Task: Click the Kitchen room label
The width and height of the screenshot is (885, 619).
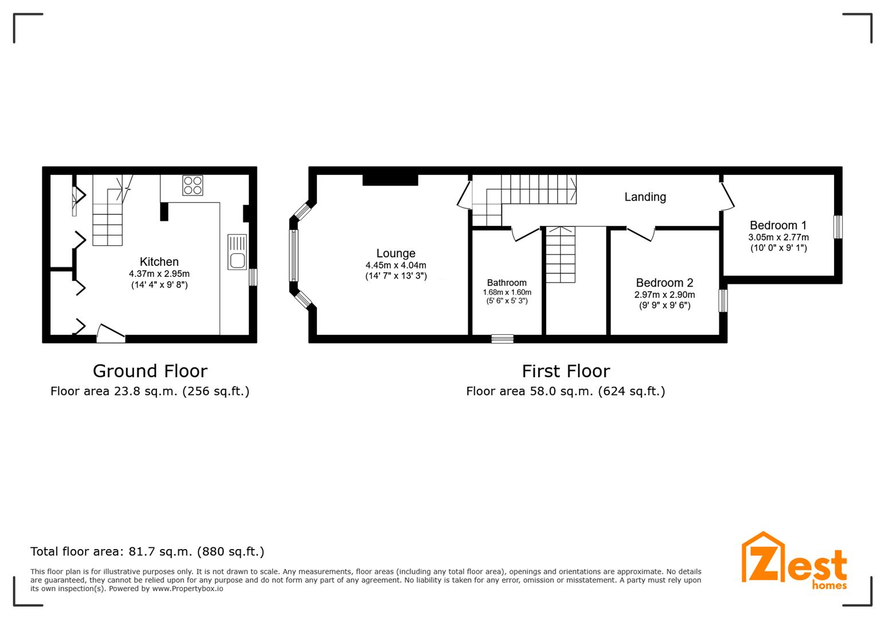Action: (x=159, y=261)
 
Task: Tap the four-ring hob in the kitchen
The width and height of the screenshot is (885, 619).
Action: (x=193, y=185)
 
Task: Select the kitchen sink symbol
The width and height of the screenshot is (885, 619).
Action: (x=237, y=252)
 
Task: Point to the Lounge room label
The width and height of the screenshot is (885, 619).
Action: (x=396, y=253)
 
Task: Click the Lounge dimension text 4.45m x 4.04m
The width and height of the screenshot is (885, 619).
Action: (x=396, y=265)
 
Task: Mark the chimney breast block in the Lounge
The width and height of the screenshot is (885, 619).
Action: (x=390, y=180)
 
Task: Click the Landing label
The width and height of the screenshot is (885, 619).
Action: (x=645, y=197)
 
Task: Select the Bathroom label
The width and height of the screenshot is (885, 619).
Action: (x=507, y=283)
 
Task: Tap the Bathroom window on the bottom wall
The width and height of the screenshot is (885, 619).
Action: (x=503, y=339)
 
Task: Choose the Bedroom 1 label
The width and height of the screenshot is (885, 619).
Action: (x=778, y=225)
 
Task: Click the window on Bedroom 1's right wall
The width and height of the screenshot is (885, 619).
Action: (x=838, y=227)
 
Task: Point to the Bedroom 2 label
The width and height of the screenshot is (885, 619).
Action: (x=664, y=283)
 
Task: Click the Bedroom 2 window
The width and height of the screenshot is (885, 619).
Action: (x=723, y=300)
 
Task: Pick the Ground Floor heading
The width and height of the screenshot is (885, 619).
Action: (x=150, y=371)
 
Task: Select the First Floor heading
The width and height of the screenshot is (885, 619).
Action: (x=566, y=371)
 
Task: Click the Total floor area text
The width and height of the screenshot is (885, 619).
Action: (x=147, y=551)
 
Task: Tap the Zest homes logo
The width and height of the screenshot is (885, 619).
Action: (x=794, y=561)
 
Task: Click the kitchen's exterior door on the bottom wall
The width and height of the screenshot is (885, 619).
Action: (x=111, y=334)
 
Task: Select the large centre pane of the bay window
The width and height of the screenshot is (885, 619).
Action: (x=294, y=256)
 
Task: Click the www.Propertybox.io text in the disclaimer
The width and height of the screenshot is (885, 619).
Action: (x=187, y=589)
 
